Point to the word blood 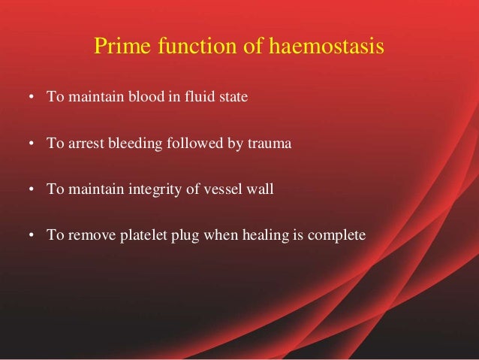coord(152,98)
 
